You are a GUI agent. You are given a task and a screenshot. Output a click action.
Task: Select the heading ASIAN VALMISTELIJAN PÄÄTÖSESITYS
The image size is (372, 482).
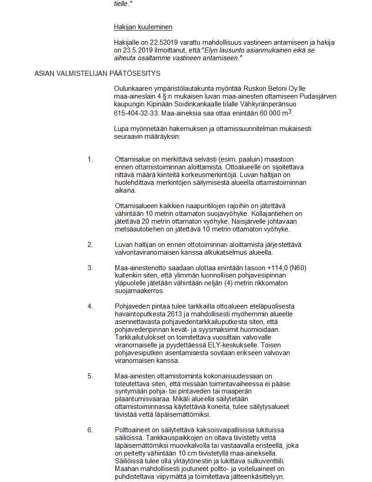97,73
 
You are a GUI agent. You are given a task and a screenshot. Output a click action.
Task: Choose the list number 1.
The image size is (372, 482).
90,159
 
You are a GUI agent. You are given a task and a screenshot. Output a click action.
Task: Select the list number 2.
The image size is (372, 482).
90,245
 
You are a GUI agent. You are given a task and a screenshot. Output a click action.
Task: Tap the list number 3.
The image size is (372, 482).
90,267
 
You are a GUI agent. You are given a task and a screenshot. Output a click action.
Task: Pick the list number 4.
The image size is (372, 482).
90,306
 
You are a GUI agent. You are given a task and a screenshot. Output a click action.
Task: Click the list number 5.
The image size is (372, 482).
90,376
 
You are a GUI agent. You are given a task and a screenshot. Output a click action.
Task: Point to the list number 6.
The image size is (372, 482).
90,430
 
